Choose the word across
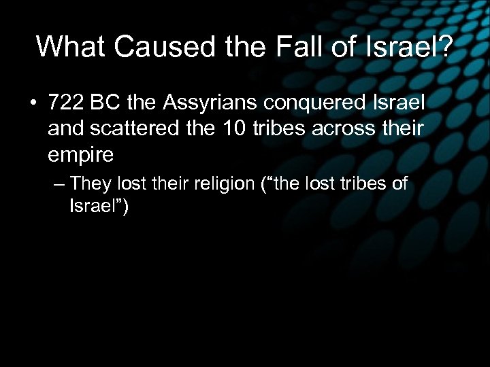click(x=353, y=129)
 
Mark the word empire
click(x=81, y=154)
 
